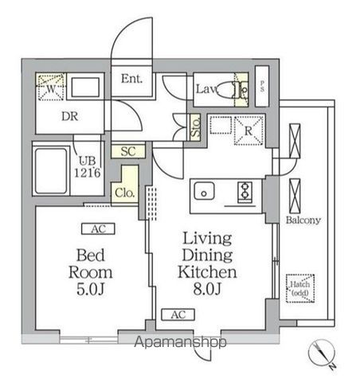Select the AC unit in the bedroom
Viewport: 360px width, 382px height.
tap(99, 229)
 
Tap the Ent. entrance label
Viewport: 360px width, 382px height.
tap(131, 79)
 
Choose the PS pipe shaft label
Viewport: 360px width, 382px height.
tap(264, 88)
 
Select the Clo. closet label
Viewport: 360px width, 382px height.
tap(123, 192)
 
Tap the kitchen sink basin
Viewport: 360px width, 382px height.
tap(203, 192)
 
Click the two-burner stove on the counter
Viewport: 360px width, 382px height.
tap(245, 191)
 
